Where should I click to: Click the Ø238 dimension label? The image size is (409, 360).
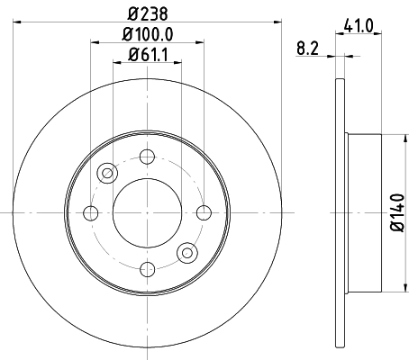[x=149, y=13]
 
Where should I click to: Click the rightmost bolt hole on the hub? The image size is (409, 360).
[x=204, y=212]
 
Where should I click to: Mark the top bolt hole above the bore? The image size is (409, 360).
[x=147, y=157]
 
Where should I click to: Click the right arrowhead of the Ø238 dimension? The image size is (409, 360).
[x=278, y=22]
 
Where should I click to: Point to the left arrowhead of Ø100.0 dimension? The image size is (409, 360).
[x=95, y=42]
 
